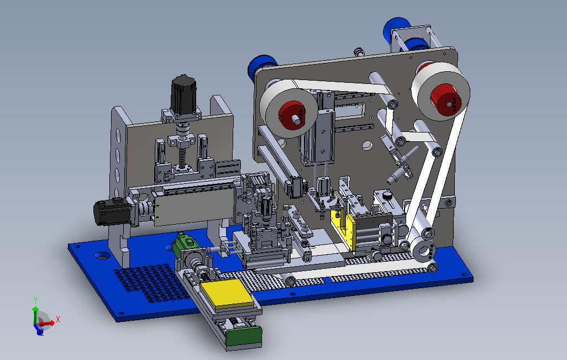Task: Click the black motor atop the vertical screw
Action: [183, 94]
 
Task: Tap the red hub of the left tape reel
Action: [291, 114]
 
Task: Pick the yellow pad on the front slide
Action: [227, 294]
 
